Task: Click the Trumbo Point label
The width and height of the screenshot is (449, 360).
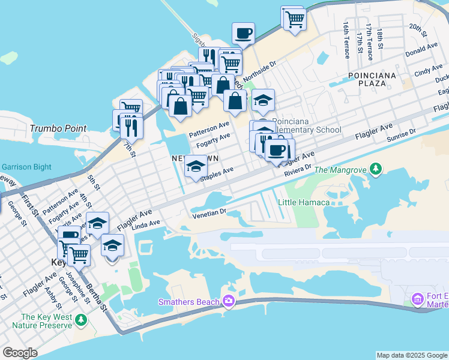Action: pos(58,128)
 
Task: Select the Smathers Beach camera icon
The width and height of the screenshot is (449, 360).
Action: pos(228,301)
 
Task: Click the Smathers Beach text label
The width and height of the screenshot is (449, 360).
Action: pos(189,301)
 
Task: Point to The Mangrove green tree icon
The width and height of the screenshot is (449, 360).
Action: pos(376,170)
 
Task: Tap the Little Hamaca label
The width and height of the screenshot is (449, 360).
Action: pos(303,202)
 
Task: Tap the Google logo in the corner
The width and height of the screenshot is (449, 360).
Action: pos(20,353)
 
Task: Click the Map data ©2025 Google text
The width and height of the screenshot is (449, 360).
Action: pos(412,355)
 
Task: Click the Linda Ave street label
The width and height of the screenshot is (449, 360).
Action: pos(146,224)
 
